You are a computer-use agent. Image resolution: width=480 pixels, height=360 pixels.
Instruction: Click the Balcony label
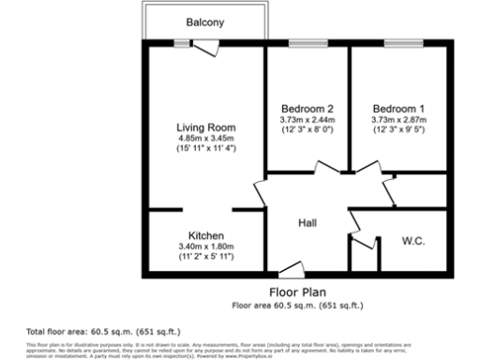(x=204, y=22)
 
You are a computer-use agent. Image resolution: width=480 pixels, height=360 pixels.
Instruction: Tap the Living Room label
(x=206, y=127)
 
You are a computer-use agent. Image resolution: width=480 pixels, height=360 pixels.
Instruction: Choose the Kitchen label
(x=205, y=235)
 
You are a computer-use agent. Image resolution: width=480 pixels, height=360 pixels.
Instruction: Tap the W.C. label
(x=414, y=241)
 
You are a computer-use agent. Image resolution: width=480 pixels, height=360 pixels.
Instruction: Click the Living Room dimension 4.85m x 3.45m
(x=206, y=139)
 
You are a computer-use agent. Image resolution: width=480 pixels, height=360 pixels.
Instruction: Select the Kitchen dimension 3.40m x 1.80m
(x=205, y=247)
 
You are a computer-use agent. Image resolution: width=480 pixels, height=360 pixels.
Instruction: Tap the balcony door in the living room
(x=200, y=47)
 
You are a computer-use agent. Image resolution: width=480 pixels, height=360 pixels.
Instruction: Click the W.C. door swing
(x=356, y=223)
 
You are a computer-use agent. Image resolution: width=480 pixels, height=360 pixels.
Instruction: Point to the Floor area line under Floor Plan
(x=296, y=306)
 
